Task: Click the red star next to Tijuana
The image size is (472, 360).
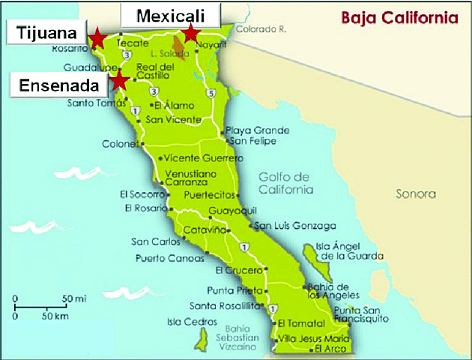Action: [97, 38]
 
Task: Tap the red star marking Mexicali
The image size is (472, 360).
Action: [192, 32]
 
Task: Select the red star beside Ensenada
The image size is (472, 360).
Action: [119, 81]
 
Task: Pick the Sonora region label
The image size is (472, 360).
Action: [415, 194]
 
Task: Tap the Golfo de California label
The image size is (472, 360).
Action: [285, 183]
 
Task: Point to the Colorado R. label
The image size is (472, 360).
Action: [261, 30]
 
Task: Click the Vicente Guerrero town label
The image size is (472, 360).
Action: [203, 158]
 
